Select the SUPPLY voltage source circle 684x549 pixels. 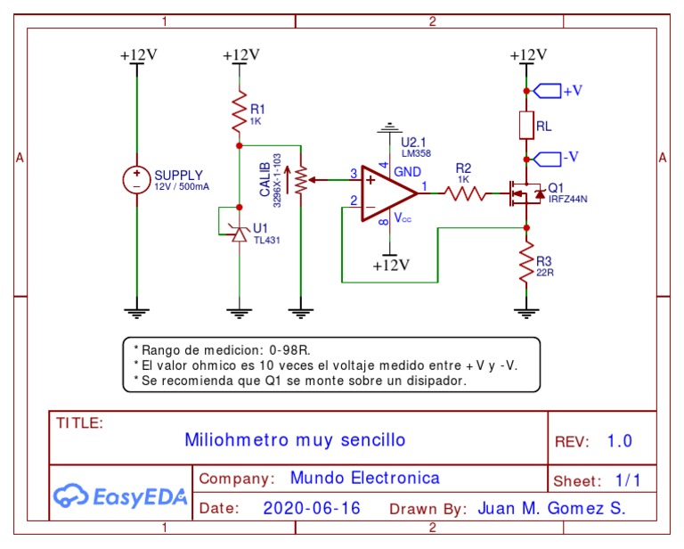[136, 180]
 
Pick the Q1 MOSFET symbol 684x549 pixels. [524, 193]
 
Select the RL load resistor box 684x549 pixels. [526, 126]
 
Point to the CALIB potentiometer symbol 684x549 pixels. [302, 180]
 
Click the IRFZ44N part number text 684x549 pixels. [567, 199]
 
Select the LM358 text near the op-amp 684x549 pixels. [416, 154]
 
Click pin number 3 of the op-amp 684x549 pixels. [354, 173]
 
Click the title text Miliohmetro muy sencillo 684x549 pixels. [294, 439]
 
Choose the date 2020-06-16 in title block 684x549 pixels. [312, 509]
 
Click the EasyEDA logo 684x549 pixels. [119, 496]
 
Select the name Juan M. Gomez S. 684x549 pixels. [551, 509]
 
